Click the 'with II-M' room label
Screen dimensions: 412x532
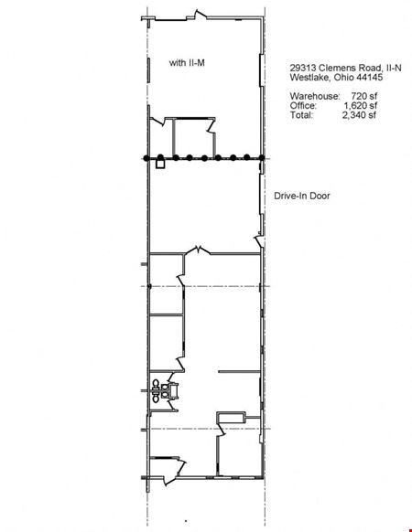coord(187,63)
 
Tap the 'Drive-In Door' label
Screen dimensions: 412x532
coord(302,196)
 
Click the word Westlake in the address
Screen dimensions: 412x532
coord(309,78)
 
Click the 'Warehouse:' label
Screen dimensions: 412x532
coord(314,96)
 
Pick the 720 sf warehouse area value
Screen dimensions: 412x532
coord(364,96)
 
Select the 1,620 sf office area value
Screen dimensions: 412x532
coord(361,105)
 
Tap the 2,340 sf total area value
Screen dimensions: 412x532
coord(359,115)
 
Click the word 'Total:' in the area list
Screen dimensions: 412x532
coord(301,115)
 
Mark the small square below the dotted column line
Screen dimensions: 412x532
coord(160,165)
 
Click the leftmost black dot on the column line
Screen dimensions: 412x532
coord(146,158)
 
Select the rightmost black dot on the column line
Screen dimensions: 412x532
coord(262,158)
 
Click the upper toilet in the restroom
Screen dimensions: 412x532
coord(156,384)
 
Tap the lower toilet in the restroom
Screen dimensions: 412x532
coord(156,398)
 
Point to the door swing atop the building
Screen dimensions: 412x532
coord(200,15)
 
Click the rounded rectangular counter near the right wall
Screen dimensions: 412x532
coord(231,418)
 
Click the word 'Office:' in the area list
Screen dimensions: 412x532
coord(303,105)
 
